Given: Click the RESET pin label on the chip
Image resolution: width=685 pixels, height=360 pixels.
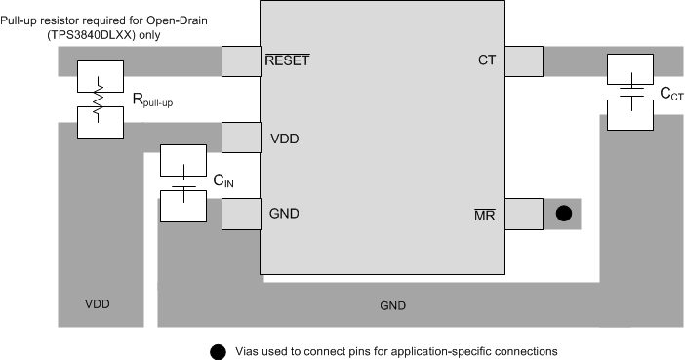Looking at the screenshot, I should tap(287, 60).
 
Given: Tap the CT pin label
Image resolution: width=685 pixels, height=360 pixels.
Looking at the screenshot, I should tap(487, 60).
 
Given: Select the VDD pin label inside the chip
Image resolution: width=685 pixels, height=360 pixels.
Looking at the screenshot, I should tap(284, 138).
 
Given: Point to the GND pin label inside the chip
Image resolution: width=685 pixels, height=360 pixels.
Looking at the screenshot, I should tap(283, 214).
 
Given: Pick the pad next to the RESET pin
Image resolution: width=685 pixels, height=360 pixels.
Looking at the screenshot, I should tap(241, 61).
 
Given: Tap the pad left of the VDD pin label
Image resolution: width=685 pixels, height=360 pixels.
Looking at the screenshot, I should tap(241, 138).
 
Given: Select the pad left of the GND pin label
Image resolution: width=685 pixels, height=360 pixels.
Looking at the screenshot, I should tap(241, 214).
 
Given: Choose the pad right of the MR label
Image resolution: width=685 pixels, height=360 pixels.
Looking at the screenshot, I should tap(524, 214).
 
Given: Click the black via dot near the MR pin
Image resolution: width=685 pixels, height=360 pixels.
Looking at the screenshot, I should tap(563, 214).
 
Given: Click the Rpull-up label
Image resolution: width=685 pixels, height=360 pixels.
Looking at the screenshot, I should tap(156, 100).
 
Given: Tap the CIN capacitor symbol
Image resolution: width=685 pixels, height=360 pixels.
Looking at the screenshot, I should tap(182, 182).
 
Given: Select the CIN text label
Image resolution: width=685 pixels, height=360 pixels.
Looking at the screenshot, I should tap(222, 182).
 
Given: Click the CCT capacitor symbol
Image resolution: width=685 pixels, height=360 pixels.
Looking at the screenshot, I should tap(631, 93).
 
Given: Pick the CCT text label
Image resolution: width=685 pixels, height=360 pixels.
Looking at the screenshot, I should tap(671, 95).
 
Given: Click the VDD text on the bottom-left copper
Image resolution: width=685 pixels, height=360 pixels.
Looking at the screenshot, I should tap(98, 303).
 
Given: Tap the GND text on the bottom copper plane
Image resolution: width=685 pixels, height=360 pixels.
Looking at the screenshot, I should tap(393, 305).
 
